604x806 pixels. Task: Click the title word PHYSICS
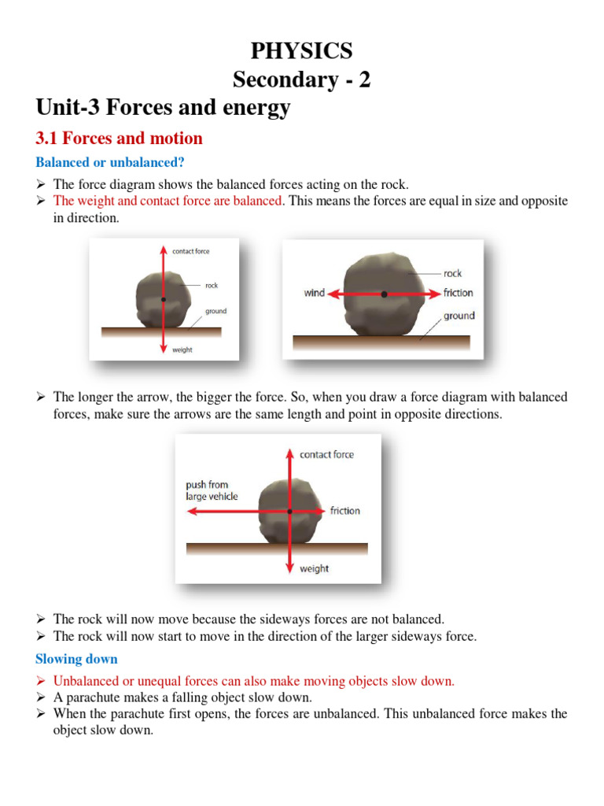(301, 51)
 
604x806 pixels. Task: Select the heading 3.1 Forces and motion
(119, 139)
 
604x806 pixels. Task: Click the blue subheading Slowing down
(76, 659)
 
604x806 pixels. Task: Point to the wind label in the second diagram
(315, 293)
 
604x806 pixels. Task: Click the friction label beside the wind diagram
(459, 293)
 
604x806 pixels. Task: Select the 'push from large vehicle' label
(212, 490)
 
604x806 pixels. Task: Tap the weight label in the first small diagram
(182, 349)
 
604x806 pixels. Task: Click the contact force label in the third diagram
(326, 454)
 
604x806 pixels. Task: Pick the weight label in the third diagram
(314, 568)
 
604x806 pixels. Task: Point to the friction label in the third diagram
(344, 511)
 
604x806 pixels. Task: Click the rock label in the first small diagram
(212, 286)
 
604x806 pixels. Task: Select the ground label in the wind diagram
(459, 316)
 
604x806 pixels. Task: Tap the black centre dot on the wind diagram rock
(385, 294)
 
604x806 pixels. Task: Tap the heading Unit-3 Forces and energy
(163, 108)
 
